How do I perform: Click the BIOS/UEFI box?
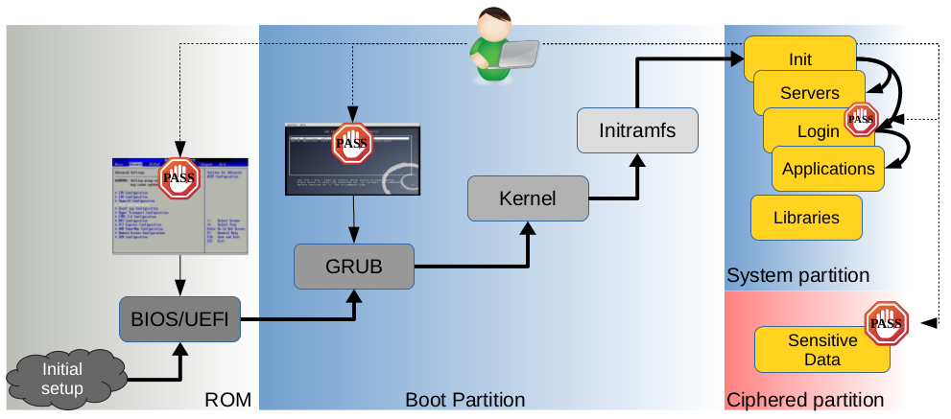pyautogui.click(x=179, y=318)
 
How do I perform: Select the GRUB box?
pyautogui.click(x=355, y=267)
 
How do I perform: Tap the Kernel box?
pyautogui.click(x=527, y=199)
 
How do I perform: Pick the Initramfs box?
pyautogui.click(x=636, y=129)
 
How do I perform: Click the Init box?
pyautogui.click(x=800, y=58)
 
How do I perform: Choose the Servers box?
pyautogui.click(x=809, y=93)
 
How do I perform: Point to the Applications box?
pyautogui.click(x=827, y=169)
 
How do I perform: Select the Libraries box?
pyautogui.click(x=806, y=218)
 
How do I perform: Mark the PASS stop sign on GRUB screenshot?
pyautogui.click(x=352, y=144)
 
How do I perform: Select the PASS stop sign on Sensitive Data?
pyautogui.click(x=886, y=323)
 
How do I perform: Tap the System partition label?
pyautogui.click(x=797, y=276)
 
